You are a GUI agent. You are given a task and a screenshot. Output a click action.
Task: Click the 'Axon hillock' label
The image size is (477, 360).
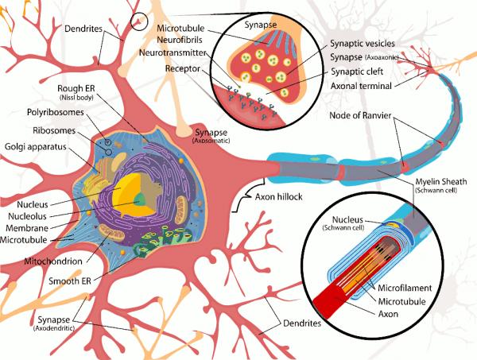coord(279,197)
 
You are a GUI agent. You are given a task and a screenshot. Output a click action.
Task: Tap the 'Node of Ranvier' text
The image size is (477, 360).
coord(360,115)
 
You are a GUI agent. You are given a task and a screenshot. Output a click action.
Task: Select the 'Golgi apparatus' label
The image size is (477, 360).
coord(36,147)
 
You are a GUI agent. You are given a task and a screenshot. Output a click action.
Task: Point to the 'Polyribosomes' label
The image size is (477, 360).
coord(56,112)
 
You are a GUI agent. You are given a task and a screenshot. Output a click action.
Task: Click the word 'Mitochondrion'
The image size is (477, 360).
coord(53,261)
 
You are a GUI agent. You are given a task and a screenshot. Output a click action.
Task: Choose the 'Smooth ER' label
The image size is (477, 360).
coord(70,281)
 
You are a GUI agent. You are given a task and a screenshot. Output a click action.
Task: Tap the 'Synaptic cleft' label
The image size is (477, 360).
coord(357,72)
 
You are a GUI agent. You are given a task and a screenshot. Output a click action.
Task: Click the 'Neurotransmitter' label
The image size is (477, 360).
coord(173,52)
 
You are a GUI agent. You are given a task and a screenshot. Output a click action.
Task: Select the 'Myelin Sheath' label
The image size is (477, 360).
coord(441,181)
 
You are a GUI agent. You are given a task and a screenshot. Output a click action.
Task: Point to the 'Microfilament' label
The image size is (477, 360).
coord(405,288)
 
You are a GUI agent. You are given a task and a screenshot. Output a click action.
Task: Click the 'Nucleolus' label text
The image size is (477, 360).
coord(27,216)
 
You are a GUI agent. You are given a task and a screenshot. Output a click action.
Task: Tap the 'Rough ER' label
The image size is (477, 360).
coord(76,88)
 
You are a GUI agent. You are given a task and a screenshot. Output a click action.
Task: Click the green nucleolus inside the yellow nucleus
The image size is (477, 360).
coord(140,199)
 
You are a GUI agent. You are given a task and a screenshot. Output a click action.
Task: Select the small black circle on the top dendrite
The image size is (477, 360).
coord(139,21)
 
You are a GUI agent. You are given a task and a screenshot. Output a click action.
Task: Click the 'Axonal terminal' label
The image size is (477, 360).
coord(361,86)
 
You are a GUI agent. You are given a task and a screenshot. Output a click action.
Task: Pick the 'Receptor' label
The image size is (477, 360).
coord(183,68)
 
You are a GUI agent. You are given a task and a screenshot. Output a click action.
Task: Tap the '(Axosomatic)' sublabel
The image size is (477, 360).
coord(211,141)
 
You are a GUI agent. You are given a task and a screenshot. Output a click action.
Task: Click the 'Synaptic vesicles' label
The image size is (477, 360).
coord(363,44)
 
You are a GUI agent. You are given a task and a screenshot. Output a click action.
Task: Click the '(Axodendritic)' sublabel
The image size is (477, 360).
coord(54,328)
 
